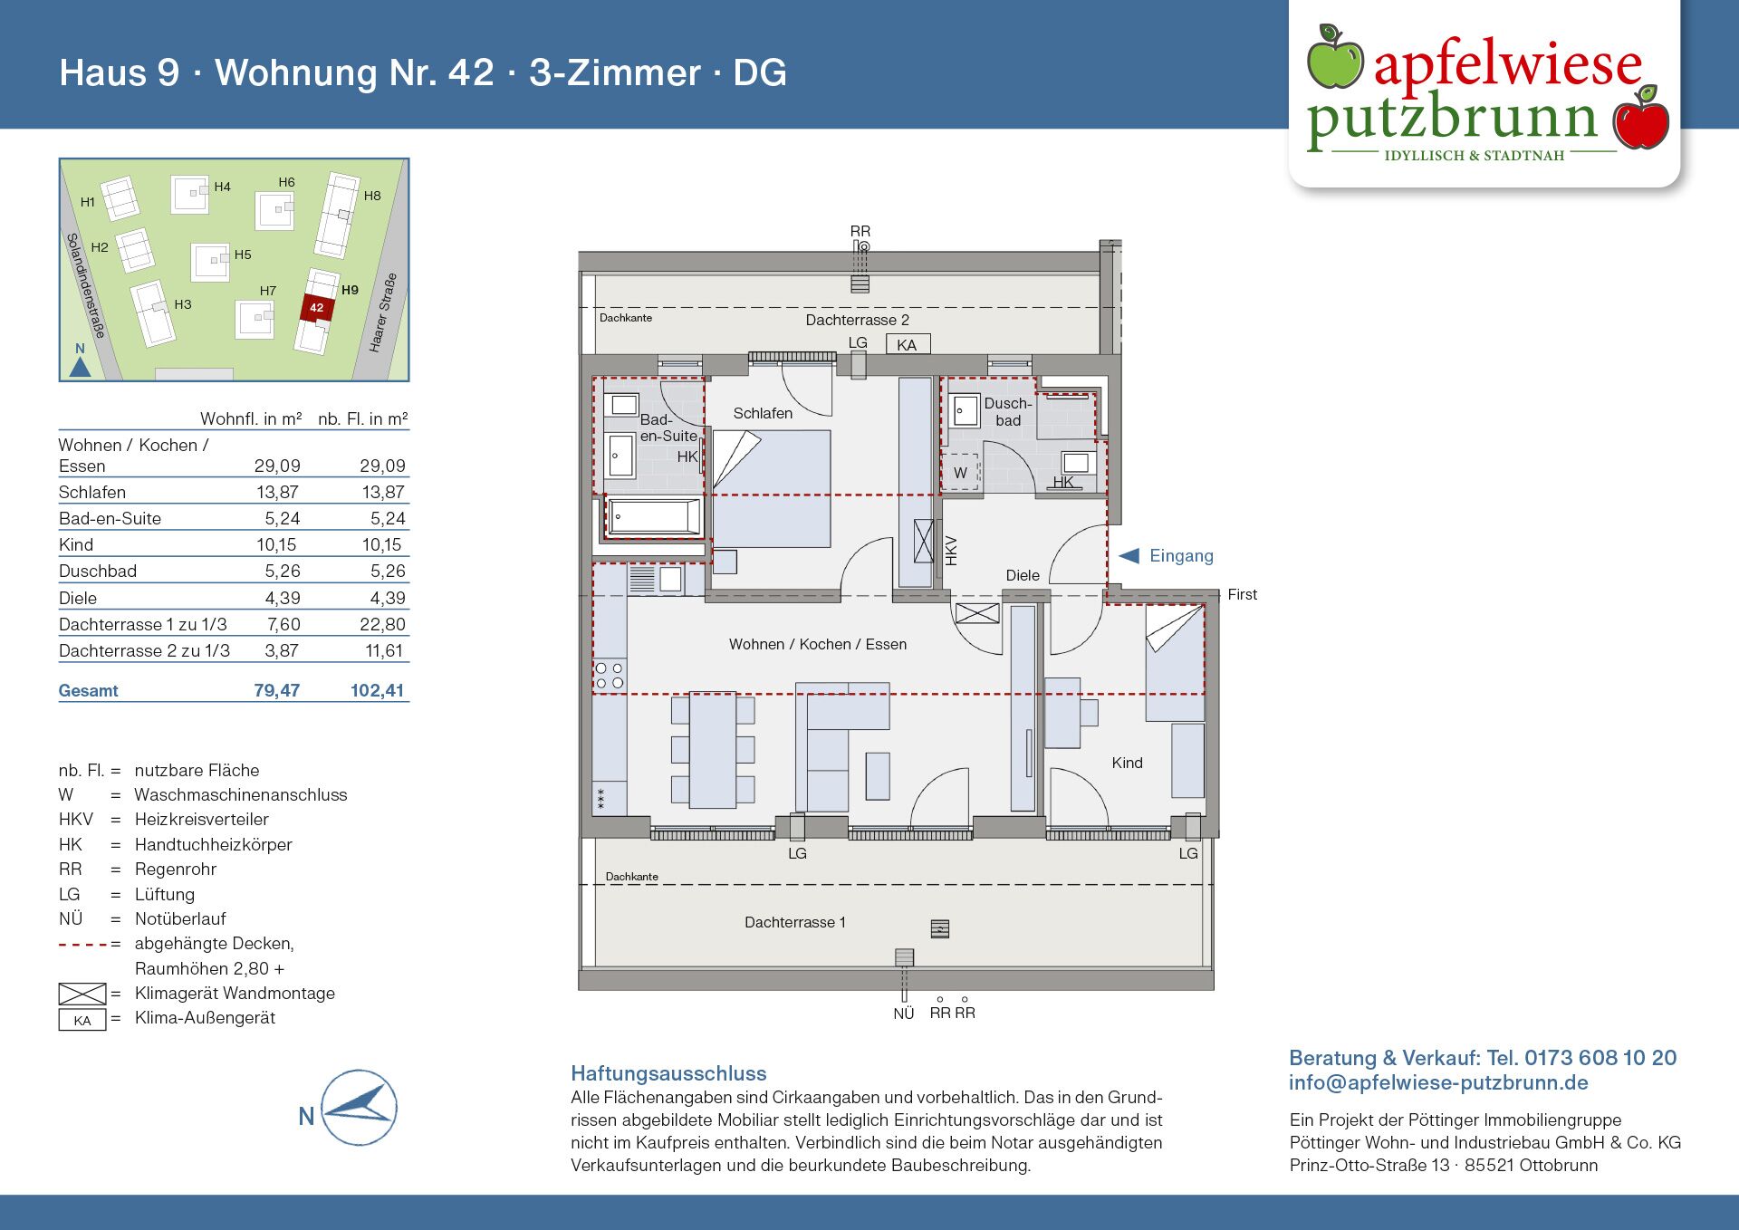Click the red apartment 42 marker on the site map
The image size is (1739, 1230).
coord(317,308)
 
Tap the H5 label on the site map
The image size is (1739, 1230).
coord(243,255)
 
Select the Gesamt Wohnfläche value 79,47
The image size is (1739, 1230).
coord(276,690)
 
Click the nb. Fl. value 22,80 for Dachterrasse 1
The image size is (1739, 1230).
coord(382,624)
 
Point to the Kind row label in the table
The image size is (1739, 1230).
coord(76,544)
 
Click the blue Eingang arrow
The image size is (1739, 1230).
coord(1129,556)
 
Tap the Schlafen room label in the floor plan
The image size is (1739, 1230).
coord(763,413)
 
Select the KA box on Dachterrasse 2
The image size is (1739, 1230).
coord(907,344)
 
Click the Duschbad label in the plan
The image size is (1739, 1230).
coord(1007,411)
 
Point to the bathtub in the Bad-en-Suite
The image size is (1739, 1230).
coord(653,517)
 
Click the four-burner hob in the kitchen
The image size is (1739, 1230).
coord(609,676)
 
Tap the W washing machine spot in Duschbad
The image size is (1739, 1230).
coord(961,472)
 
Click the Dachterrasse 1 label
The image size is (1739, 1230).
coord(794,922)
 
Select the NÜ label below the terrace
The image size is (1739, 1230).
coord(903,1014)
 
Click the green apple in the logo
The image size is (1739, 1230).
coord(1334,59)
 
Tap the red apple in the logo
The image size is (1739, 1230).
coord(1641,120)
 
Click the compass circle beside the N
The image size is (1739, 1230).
coord(360,1107)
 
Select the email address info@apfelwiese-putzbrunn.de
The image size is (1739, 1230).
coord(1438,1082)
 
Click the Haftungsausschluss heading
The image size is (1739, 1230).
coord(668,1073)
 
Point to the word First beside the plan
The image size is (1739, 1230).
coord(1242,594)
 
